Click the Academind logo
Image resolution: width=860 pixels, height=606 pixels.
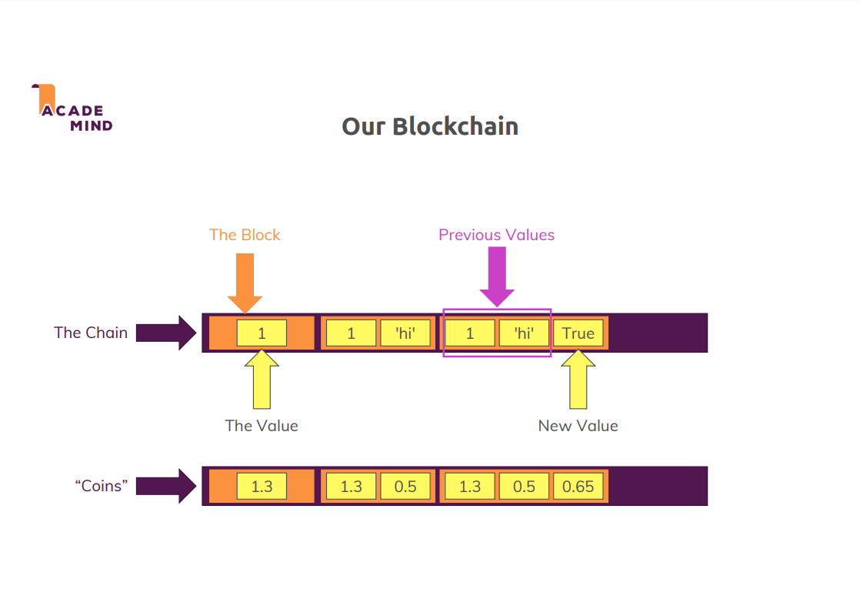[x=73, y=109]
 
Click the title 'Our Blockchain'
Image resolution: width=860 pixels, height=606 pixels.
[x=429, y=126]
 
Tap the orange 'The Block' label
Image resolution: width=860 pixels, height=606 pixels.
[x=245, y=235]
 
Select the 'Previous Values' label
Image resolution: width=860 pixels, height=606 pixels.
[x=496, y=235]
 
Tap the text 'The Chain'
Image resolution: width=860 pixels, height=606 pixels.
[x=90, y=333]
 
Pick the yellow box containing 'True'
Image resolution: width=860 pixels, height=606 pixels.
[x=578, y=333]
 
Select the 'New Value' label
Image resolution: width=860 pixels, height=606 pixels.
[x=578, y=426]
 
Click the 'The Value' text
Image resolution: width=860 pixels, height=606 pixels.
[x=262, y=426]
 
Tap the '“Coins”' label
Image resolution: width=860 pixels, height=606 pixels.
[x=101, y=486]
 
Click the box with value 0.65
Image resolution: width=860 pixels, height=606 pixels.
[x=578, y=487]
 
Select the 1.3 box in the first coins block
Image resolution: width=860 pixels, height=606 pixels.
[x=262, y=487]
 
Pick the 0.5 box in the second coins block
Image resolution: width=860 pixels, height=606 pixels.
[x=405, y=487]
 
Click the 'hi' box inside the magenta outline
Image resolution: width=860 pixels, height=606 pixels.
[x=524, y=333]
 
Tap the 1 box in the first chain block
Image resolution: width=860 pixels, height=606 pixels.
[x=262, y=333]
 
